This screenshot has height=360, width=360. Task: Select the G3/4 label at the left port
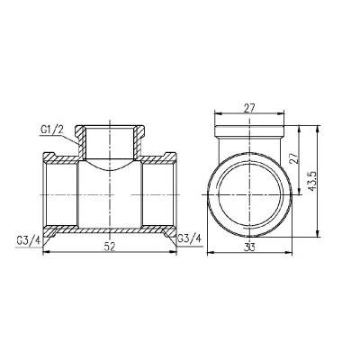pos(28,238)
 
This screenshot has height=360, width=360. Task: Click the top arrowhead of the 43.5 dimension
pos(316,128)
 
